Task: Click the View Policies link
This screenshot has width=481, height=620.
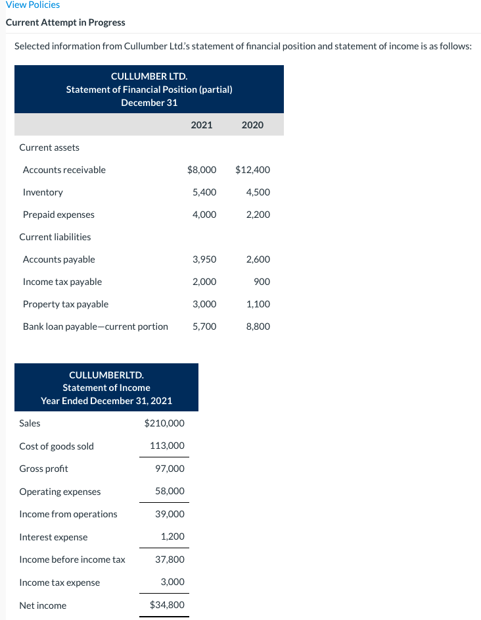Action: click(x=33, y=5)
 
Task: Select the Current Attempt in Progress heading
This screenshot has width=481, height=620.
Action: click(x=65, y=22)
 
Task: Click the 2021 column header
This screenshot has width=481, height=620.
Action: click(x=201, y=124)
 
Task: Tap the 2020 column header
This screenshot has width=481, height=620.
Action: click(x=252, y=124)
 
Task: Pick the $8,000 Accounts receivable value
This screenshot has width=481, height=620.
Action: click(x=202, y=170)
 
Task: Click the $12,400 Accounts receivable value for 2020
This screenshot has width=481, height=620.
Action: click(x=252, y=170)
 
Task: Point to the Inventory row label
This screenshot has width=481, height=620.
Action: click(x=43, y=192)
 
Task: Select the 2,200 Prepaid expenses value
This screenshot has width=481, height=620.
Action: click(x=258, y=215)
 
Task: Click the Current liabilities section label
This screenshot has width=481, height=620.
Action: click(x=55, y=237)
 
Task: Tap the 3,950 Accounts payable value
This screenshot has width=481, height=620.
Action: click(x=204, y=259)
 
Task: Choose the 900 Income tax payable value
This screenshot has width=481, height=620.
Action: click(x=262, y=282)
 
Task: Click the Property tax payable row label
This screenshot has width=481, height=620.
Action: click(x=66, y=304)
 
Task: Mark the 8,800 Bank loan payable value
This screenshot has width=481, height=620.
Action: click(x=258, y=326)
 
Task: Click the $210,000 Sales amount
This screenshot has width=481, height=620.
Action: click(x=164, y=423)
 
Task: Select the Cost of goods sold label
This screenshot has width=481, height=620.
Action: click(x=57, y=446)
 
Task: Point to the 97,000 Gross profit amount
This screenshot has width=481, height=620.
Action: click(x=170, y=469)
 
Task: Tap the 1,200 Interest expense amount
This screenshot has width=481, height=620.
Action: click(x=173, y=537)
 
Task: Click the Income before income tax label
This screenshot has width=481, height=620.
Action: click(x=72, y=559)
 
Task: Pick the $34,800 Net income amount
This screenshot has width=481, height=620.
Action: click(x=167, y=605)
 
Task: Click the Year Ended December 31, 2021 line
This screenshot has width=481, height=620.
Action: click(x=106, y=400)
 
